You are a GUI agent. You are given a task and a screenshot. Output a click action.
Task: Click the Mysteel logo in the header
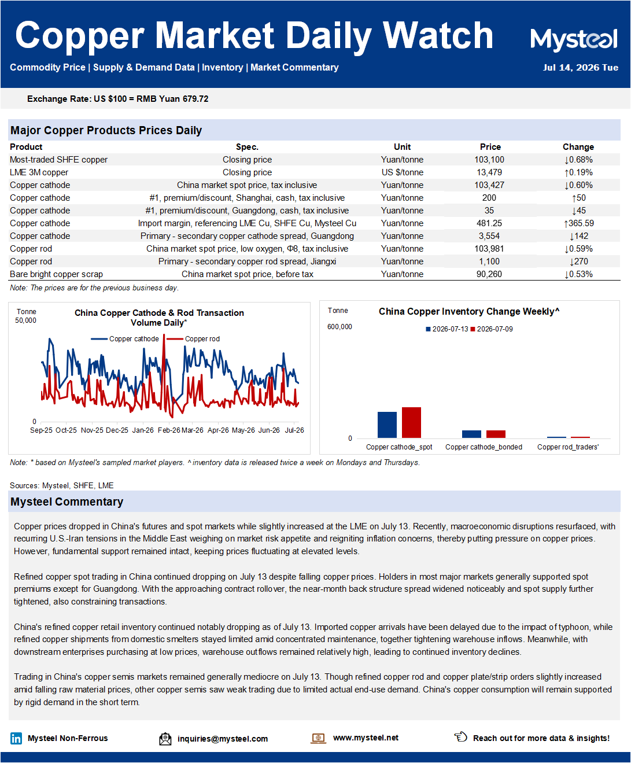(x=574, y=39)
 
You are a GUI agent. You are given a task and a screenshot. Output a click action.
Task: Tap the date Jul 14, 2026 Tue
(x=580, y=68)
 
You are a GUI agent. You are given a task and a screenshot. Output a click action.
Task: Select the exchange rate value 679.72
(x=195, y=99)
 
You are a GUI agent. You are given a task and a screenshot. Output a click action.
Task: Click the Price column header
(x=490, y=147)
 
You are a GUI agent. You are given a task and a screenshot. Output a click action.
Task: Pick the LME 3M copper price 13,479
(x=489, y=172)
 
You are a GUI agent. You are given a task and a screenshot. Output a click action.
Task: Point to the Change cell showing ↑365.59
(x=578, y=223)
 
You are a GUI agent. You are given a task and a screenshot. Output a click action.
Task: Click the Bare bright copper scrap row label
(x=56, y=274)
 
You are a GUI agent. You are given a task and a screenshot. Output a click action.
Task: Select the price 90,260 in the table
(x=489, y=274)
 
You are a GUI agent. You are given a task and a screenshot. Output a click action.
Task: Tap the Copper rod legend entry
(x=193, y=339)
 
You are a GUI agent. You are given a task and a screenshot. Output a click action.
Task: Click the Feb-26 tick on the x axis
(x=169, y=430)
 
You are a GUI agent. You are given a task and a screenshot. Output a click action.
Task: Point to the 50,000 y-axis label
(x=25, y=320)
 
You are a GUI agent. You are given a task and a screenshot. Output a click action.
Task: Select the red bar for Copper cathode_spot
(x=411, y=422)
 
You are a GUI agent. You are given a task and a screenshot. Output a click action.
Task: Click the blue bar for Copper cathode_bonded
(x=471, y=434)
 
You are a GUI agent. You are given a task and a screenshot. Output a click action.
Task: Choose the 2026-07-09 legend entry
(x=492, y=329)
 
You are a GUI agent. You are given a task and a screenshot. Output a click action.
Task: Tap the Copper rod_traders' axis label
(x=568, y=447)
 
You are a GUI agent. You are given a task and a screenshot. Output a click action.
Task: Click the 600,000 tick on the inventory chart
(x=340, y=327)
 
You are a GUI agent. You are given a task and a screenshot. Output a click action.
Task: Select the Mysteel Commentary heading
(x=67, y=502)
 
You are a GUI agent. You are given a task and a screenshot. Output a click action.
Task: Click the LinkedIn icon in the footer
(x=16, y=739)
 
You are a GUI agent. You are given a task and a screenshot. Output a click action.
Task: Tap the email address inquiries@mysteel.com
(x=223, y=739)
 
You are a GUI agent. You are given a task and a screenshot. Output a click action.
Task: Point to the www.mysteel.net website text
(x=366, y=738)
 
